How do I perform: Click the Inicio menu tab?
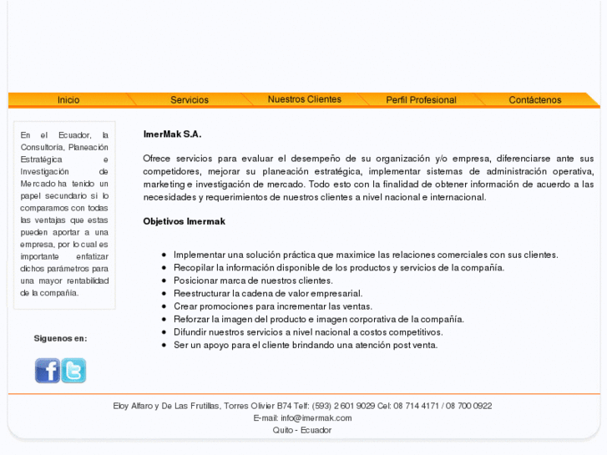tap(68, 100)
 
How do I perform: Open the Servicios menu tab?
tap(190, 100)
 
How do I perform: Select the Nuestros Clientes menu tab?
tap(304, 99)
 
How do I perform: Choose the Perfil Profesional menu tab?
tap(421, 100)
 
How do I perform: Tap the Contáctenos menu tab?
tap(534, 100)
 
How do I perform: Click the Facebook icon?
tap(47, 370)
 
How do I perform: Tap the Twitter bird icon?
tap(73, 370)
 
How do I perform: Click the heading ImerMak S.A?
tap(172, 134)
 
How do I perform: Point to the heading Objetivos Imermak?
tap(184, 221)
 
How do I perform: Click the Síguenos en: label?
tap(60, 338)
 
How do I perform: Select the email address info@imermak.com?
tap(316, 417)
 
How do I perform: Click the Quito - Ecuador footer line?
tap(302, 430)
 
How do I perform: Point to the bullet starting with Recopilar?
tap(338, 267)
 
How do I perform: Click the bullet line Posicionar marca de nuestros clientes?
tap(253, 281)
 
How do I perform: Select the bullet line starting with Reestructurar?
tap(267, 293)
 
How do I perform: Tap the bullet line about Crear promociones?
tap(272, 306)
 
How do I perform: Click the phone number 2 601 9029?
tap(357, 406)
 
